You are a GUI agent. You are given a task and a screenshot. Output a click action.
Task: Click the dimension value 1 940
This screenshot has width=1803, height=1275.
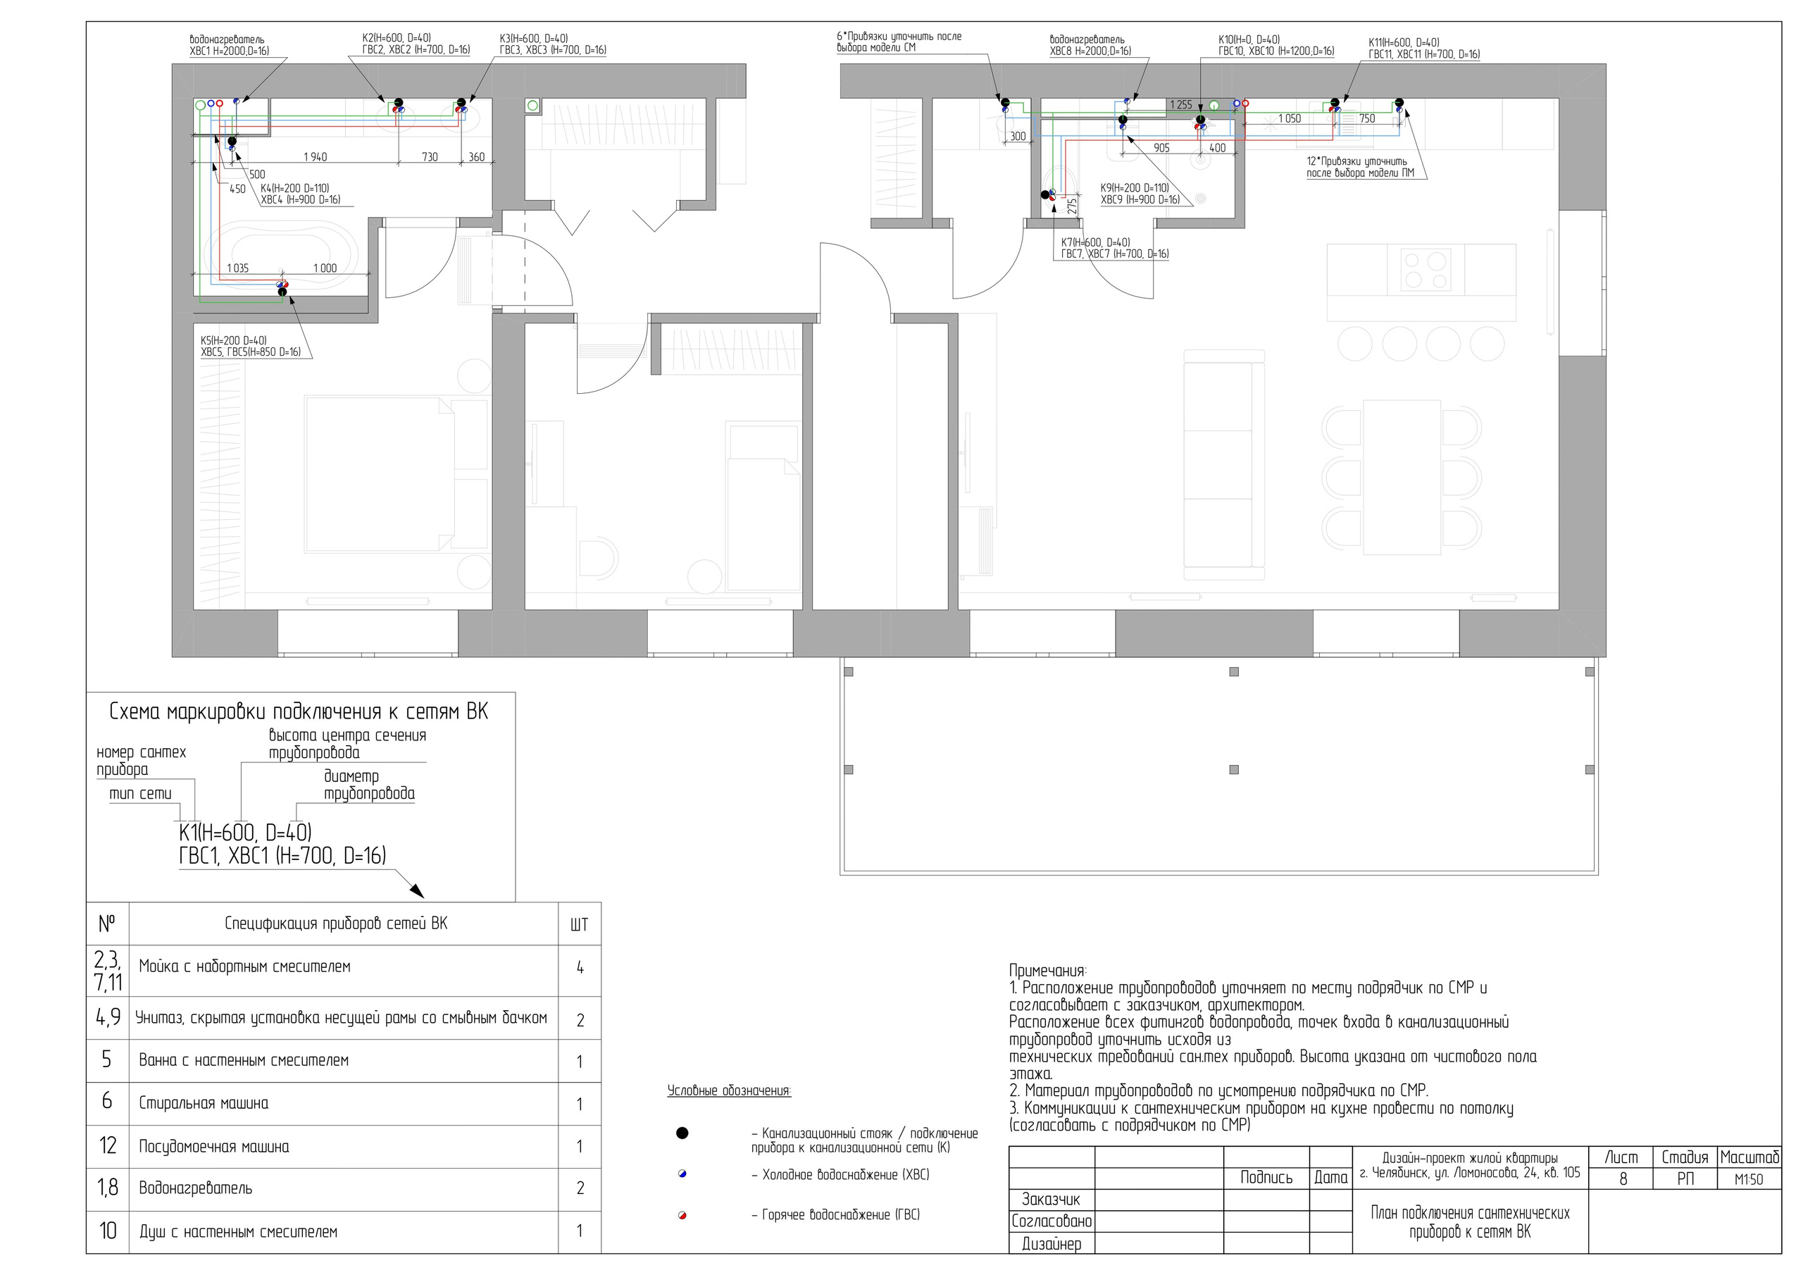(315, 157)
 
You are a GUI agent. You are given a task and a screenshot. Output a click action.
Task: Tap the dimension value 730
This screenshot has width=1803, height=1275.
(430, 157)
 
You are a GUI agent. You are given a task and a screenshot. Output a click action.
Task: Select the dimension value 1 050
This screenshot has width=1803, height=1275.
(1290, 118)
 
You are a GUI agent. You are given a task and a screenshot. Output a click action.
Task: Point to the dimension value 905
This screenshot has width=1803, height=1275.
(1161, 148)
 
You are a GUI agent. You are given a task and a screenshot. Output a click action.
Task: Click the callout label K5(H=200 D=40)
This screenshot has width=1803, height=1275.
(233, 341)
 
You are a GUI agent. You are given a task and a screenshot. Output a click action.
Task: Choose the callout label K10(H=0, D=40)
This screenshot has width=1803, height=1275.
(1249, 39)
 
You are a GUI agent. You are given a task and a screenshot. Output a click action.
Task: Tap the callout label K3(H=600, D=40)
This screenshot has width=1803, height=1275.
(533, 39)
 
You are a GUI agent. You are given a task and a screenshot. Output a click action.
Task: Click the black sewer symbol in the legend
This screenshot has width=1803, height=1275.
(682, 1133)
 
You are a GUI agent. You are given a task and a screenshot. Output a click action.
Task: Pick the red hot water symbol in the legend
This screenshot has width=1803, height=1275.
(682, 1215)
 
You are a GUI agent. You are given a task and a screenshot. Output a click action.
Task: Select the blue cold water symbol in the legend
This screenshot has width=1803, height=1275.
(682, 1174)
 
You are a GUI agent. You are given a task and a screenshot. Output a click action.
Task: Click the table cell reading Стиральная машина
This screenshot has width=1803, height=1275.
(204, 1103)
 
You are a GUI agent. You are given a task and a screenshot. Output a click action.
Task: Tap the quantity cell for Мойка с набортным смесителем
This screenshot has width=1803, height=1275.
(580, 968)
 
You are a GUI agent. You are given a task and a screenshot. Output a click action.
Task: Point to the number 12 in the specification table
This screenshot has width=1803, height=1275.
(108, 1145)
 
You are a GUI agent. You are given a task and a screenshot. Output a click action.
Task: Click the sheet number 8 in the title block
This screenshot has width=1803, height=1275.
(1623, 1178)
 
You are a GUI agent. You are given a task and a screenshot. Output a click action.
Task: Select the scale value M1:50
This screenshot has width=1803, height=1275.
(1748, 1179)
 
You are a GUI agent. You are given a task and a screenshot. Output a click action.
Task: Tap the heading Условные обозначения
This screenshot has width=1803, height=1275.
(729, 1090)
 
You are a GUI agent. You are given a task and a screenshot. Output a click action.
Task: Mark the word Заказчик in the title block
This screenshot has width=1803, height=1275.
(1051, 1200)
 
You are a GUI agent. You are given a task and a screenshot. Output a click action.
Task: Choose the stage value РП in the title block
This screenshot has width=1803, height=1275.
(1685, 1178)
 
